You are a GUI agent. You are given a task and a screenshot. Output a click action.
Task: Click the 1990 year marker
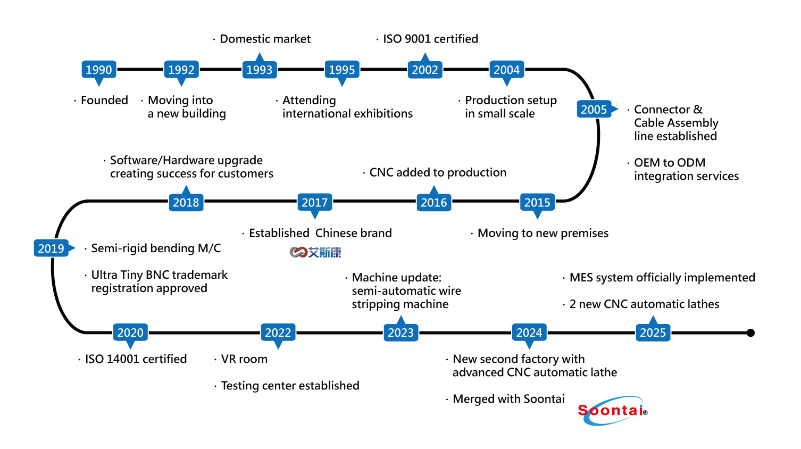click(99, 70)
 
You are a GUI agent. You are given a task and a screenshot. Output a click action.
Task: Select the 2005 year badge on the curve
click(594, 110)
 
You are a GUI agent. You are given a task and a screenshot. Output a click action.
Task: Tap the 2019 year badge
click(51, 248)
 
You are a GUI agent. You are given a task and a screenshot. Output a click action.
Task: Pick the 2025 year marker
click(653, 333)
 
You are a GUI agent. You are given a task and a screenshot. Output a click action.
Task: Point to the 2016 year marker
click(434, 203)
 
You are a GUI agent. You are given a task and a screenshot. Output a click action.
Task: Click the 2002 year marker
click(425, 70)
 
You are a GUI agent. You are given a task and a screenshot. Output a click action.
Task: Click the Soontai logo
click(612, 411)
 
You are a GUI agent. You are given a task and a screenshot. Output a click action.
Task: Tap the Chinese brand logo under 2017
click(315, 252)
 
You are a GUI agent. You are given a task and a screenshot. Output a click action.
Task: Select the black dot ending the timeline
click(750, 333)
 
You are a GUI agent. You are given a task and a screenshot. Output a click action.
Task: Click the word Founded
click(104, 101)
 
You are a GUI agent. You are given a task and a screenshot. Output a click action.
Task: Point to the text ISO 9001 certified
click(430, 39)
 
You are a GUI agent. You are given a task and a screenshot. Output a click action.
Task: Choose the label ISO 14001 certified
click(136, 359)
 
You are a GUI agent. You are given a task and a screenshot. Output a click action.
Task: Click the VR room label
click(244, 359)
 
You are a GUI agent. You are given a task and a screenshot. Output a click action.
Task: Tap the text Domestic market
click(265, 39)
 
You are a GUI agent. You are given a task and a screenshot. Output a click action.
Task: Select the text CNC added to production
click(438, 172)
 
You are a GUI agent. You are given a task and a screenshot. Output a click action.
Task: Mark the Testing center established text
click(290, 386)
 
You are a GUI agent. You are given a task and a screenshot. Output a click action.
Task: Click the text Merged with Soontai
click(508, 399)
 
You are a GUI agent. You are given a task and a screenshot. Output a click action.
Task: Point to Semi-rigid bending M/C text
click(156, 248)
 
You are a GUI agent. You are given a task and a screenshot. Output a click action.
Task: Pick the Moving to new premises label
click(543, 233)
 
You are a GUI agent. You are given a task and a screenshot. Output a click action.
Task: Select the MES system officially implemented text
click(662, 278)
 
